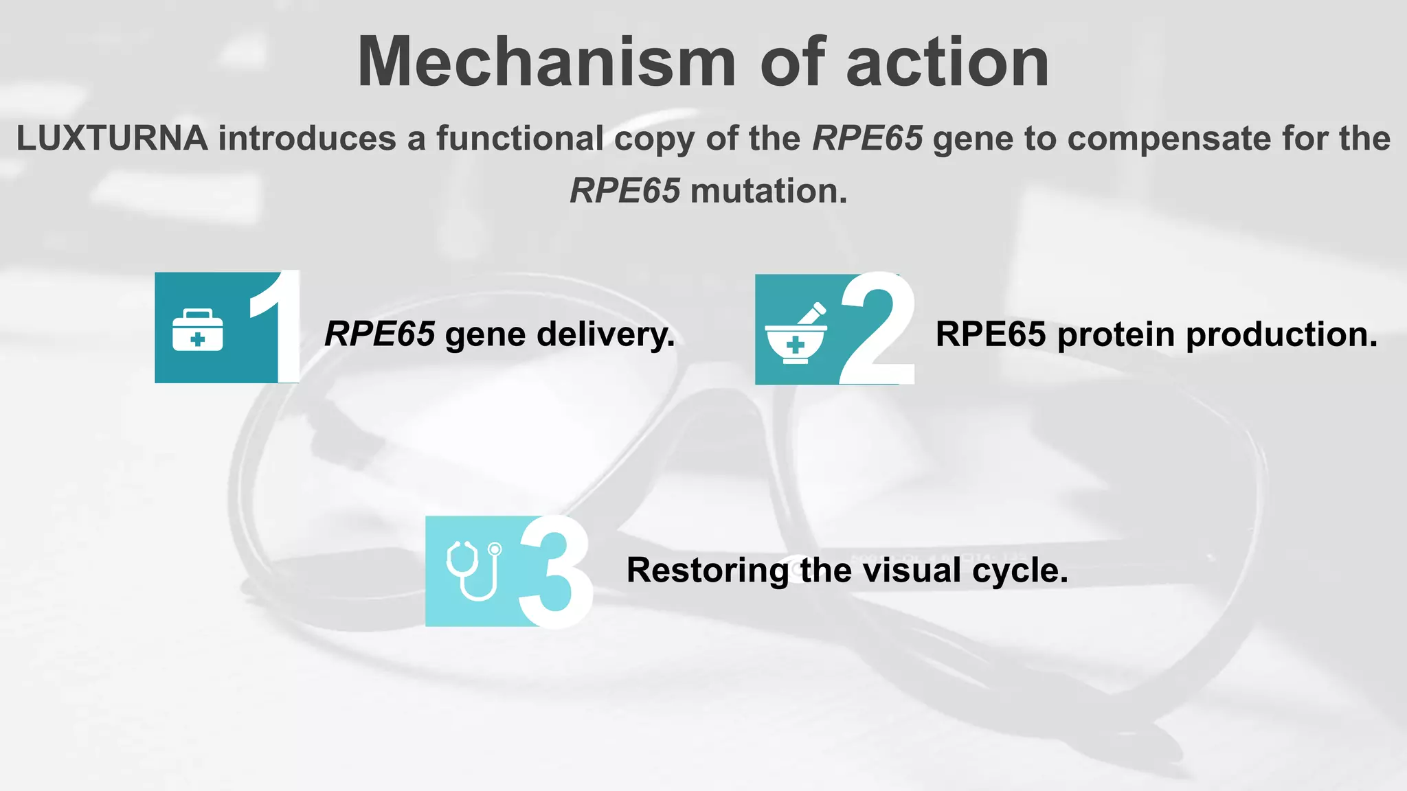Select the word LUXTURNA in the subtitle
pyautogui.click(x=112, y=138)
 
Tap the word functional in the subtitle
pyautogui.click(x=519, y=138)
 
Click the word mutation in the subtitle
pyautogui.click(x=768, y=191)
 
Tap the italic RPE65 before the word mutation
pyautogui.click(x=624, y=191)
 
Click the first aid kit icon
pyautogui.click(x=198, y=330)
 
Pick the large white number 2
pyautogui.click(x=877, y=328)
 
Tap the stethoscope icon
pyautogui.click(x=474, y=570)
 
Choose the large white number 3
pyautogui.click(x=555, y=571)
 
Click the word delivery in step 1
pyautogui.click(x=605, y=335)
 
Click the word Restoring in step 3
pyautogui.click(x=708, y=571)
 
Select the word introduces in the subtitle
pyautogui.click(x=306, y=138)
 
